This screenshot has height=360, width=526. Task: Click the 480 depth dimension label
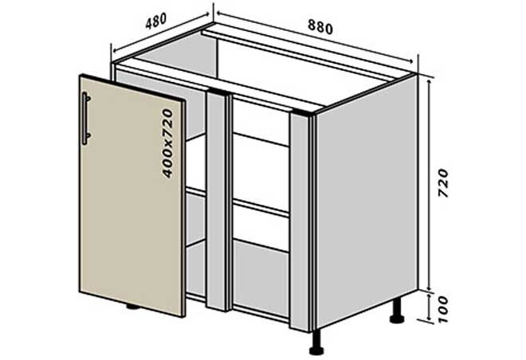pyautogui.click(x=156, y=22)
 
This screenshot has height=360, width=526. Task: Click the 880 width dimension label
pyautogui.click(x=320, y=27)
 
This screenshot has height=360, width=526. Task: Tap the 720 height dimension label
pyautogui.click(x=443, y=183)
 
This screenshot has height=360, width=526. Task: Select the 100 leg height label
pyautogui.click(x=443, y=309)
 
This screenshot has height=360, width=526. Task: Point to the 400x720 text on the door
pyautogui.click(x=167, y=143)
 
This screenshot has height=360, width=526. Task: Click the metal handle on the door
pyautogui.click(x=86, y=119)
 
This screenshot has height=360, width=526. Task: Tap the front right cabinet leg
pyautogui.click(x=316, y=342)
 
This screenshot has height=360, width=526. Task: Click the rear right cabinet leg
pyautogui.click(x=397, y=311)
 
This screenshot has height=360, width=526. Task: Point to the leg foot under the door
pyautogui.click(x=133, y=307)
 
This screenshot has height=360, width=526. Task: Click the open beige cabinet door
pyautogui.click(x=132, y=195)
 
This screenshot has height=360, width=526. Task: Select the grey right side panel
pyautogui.click(x=367, y=202)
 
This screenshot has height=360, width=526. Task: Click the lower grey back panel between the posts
pyautogui.click(x=261, y=278)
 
